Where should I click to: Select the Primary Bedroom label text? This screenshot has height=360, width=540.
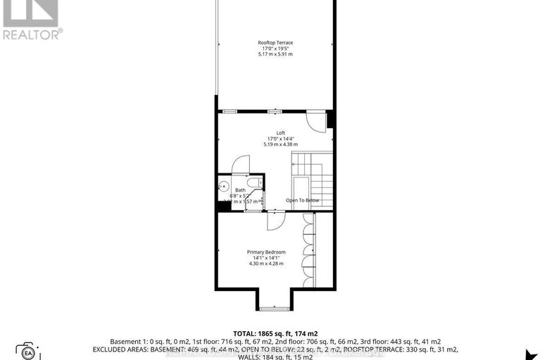tap(265, 252)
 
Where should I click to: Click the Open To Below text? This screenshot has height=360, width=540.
tap(302, 201)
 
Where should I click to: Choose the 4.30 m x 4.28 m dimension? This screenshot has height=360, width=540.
tap(265, 263)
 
